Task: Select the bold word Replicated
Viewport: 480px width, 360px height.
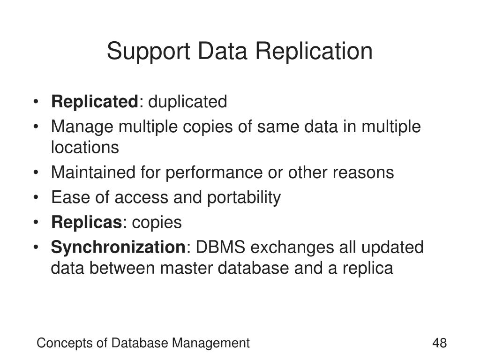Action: coord(95,101)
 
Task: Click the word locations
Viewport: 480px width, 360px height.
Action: coord(85,148)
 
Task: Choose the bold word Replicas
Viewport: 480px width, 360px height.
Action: coord(86,222)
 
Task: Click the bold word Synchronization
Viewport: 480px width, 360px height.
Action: coord(118,247)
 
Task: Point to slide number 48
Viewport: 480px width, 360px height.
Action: coord(439,343)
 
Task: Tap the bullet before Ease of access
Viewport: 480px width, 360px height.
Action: coord(37,198)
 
